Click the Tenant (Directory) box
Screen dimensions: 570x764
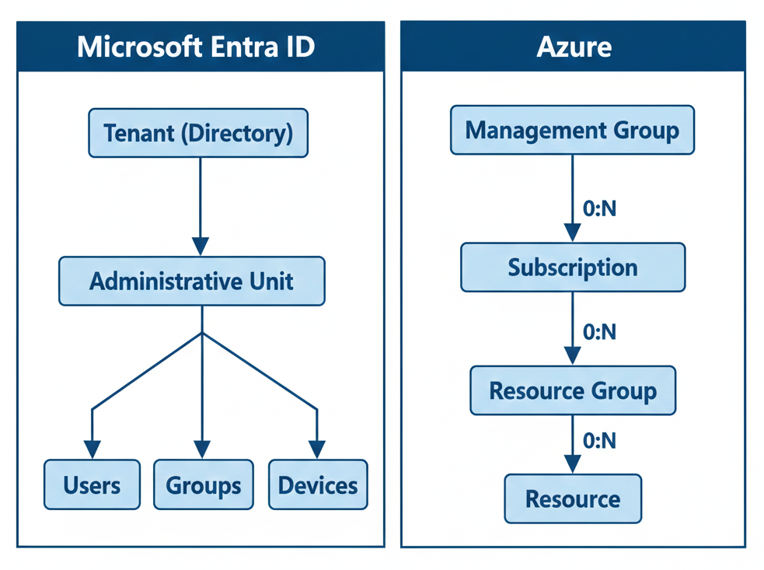click(x=198, y=133)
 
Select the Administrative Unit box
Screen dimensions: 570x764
click(x=192, y=281)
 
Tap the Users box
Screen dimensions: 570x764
click(x=92, y=485)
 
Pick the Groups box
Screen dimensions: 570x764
click(x=203, y=485)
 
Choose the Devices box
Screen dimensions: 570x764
click(x=318, y=485)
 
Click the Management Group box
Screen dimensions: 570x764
click(x=572, y=130)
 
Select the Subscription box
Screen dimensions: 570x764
click(x=573, y=268)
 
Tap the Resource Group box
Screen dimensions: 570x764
click(x=573, y=390)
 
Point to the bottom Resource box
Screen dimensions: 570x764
click(x=573, y=498)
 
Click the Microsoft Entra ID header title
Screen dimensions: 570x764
click(x=196, y=47)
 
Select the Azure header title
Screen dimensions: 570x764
click(x=574, y=47)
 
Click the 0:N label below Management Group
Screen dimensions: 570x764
click(x=599, y=208)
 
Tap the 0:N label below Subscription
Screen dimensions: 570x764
click(x=599, y=332)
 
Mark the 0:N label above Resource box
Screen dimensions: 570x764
click(x=599, y=441)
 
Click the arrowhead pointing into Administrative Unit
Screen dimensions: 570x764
click(x=201, y=247)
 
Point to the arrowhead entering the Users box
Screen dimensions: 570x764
click(x=92, y=449)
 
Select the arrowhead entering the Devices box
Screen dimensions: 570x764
click(x=317, y=449)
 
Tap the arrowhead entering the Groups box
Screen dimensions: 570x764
click(x=202, y=449)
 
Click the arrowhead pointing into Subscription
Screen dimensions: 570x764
click(x=573, y=232)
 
